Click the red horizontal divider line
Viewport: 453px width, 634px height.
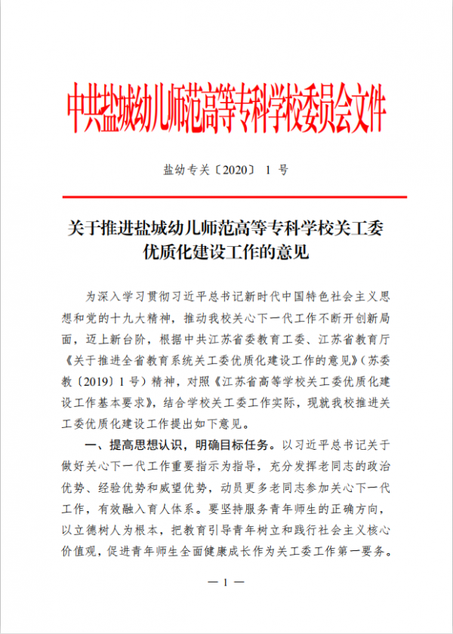point(226,197)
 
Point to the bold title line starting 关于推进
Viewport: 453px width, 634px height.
point(226,228)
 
